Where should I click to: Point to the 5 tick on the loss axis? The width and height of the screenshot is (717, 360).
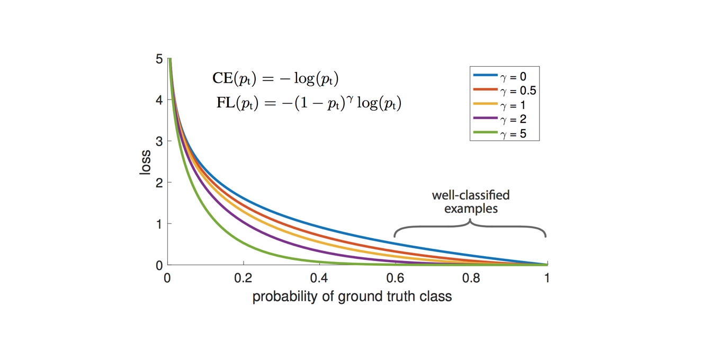[159, 59]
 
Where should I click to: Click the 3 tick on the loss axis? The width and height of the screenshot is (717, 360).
[159, 141]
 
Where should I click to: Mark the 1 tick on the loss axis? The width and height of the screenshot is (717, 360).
[159, 223]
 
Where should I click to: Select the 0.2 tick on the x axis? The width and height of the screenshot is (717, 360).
[244, 277]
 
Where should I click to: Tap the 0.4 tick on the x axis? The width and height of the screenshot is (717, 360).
[319, 277]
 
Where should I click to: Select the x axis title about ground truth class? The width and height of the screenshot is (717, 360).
[352, 296]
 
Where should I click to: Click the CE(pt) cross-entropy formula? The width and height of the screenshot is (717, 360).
[275, 79]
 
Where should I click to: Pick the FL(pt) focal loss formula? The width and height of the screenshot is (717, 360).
[309, 102]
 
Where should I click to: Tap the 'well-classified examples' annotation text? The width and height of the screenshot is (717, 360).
[471, 202]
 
